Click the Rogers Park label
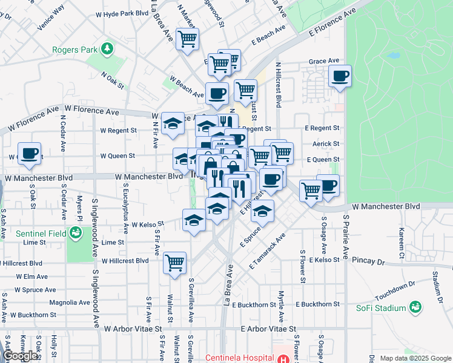76,50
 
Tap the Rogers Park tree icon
107,48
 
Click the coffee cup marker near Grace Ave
340,76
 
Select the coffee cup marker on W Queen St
29,153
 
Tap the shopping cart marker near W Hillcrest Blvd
174,263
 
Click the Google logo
21,356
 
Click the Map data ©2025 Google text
415,358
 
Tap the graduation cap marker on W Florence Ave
173,123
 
